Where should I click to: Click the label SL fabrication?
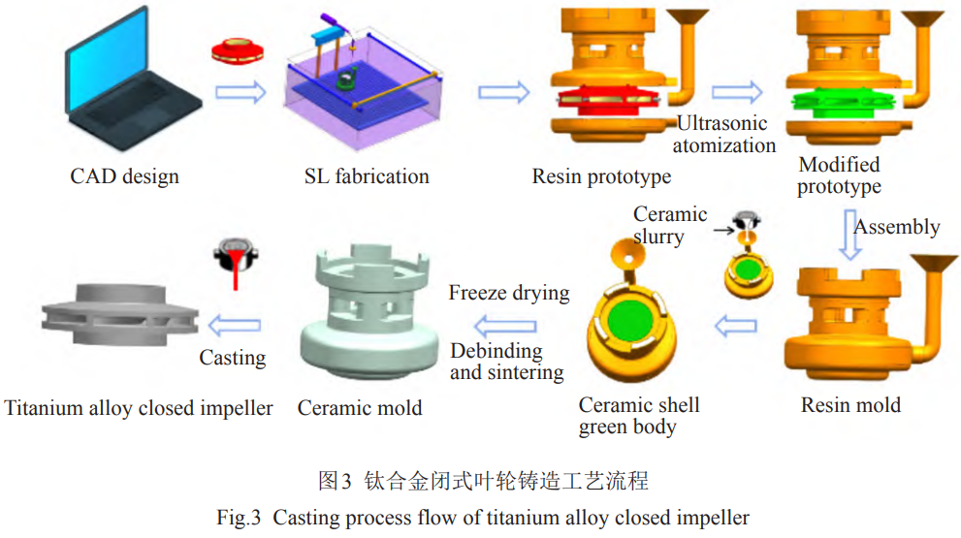pos(366,176)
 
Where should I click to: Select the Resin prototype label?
pos(601,177)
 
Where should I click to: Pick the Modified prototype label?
pos(839,175)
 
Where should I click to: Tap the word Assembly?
pos(897,227)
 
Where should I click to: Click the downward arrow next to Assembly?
pos(849,234)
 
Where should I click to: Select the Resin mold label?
pos(850,405)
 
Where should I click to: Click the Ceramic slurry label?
pos(670,225)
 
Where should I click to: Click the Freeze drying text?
pos(508,293)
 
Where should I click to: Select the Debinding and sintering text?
pos(506,362)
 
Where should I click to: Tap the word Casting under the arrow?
pos(232,358)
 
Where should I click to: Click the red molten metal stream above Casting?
pos(233,275)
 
